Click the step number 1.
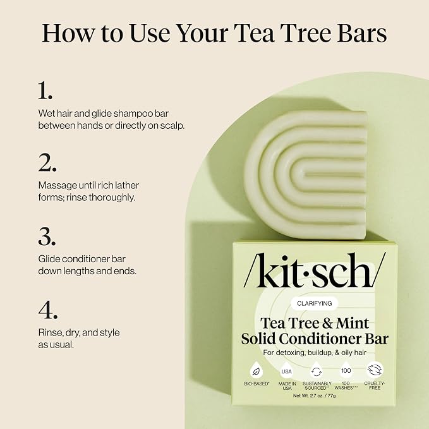[x=45, y=90]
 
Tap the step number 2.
[x=47, y=162]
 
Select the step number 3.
[x=47, y=236]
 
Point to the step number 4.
[x=48, y=310]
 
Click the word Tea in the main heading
[x=253, y=33]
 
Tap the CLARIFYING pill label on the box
[x=315, y=303]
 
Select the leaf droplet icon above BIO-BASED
[x=257, y=371]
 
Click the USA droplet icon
[x=286, y=371]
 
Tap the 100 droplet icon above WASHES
[x=346, y=370]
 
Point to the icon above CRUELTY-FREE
[x=375, y=370]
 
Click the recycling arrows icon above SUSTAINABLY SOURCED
[x=317, y=371]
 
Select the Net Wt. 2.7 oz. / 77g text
[x=315, y=396]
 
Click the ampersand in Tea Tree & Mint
[x=327, y=323]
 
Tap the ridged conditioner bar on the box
[x=306, y=174]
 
